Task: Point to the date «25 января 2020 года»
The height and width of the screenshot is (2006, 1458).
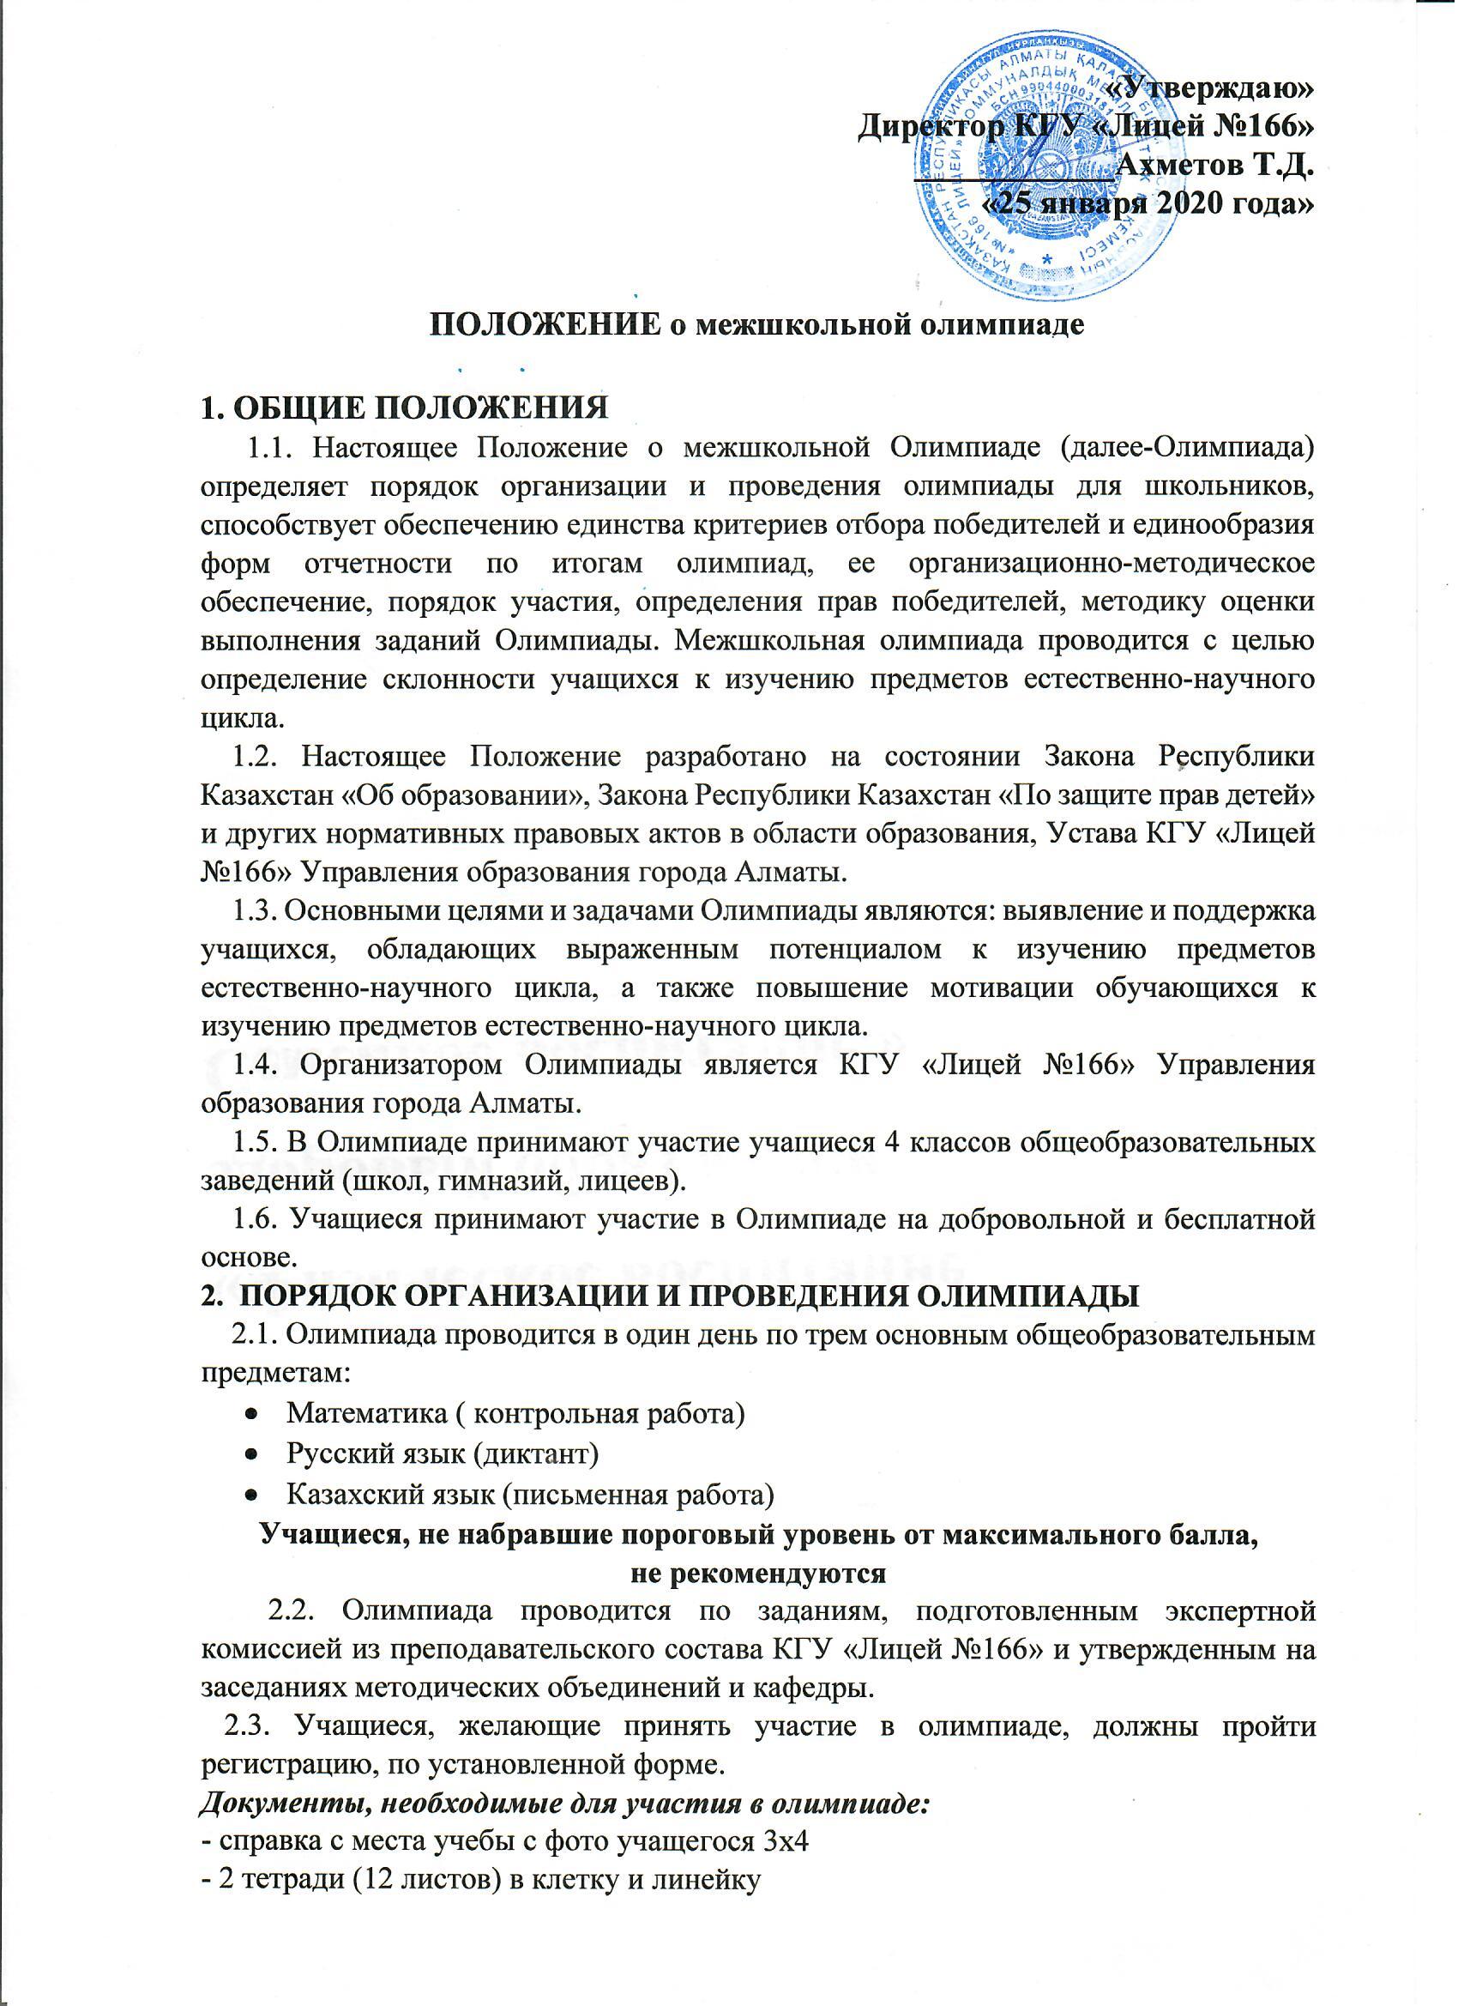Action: click(x=1149, y=204)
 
